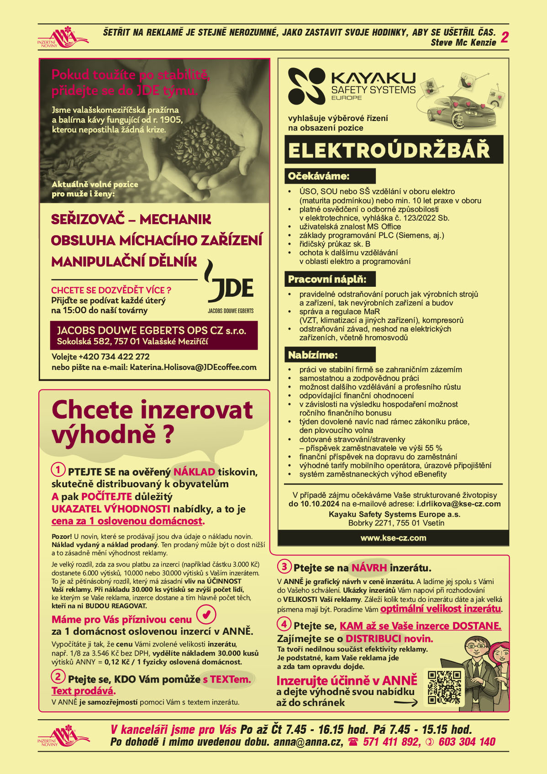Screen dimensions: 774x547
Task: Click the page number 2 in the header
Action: (505, 37)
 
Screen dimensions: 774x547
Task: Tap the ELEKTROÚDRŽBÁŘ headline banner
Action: (394, 150)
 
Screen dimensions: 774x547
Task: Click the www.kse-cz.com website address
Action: (393, 538)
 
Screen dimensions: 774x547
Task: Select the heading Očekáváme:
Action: (319, 176)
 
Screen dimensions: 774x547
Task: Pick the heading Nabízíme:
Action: (313, 355)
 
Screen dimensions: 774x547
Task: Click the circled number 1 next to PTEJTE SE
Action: (58, 469)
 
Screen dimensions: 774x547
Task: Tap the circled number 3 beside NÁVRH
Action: (284, 567)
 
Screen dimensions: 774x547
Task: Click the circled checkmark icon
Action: (206, 615)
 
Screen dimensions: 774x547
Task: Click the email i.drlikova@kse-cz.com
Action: (458, 504)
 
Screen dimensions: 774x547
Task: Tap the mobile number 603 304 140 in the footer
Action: (467, 742)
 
